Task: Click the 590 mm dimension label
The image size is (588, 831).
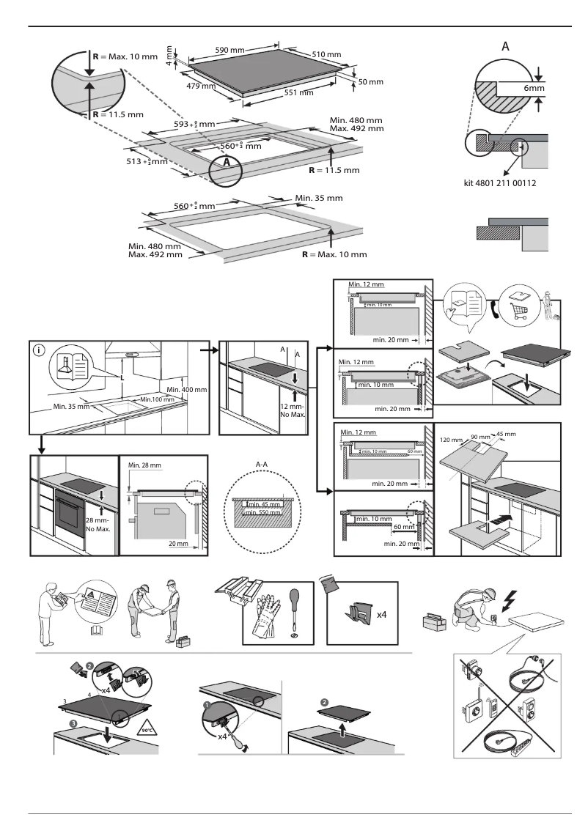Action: [229, 50]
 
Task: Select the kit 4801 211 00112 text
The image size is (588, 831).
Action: [504, 183]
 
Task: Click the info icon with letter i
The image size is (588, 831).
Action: [39, 350]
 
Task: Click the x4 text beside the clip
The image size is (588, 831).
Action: [382, 616]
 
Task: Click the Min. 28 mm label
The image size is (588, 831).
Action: [144, 465]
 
